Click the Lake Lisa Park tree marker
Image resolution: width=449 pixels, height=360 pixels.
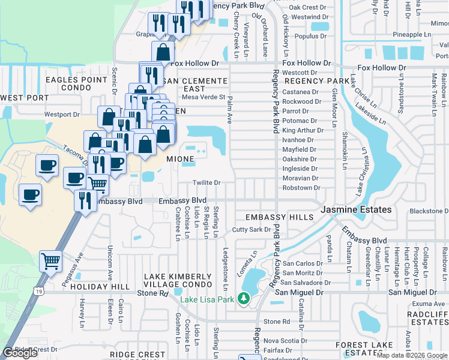click(x=244, y=298)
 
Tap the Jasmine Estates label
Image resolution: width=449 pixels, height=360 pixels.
click(x=356, y=210)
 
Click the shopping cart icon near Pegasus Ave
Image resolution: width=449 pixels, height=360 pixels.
click(x=50, y=260)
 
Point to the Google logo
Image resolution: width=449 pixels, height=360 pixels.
click(x=20, y=353)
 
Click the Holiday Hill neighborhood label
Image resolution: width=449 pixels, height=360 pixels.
click(x=92, y=287)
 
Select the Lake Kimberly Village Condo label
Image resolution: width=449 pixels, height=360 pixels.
click(x=178, y=280)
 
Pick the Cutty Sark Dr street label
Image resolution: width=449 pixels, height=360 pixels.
click(x=248, y=230)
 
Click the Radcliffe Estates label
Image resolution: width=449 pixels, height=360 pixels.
click(x=427, y=318)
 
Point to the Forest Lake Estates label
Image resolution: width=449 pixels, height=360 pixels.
click(x=364, y=349)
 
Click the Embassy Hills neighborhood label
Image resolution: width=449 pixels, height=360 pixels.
click(x=279, y=217)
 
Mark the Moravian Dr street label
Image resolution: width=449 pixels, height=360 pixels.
click(x=300, y=178)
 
